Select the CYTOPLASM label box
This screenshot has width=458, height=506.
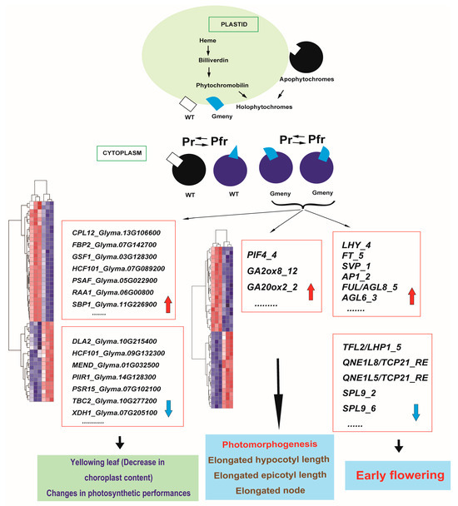pyautogui.click(x=112, y=151)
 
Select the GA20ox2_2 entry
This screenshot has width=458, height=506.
pyautogui.click(x=277, y=286)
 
